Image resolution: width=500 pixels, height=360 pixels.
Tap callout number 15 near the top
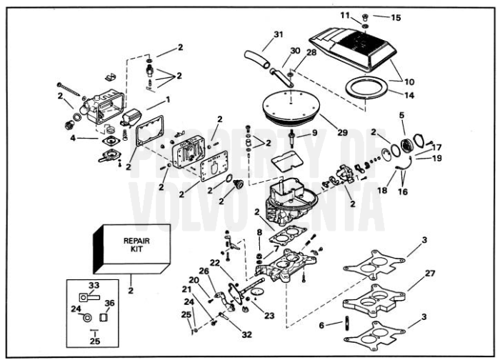(396, 17)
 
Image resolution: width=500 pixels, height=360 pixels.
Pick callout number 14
(409, 95)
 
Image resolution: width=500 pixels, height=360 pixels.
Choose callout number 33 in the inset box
(94, 286)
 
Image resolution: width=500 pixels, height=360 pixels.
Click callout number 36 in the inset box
(109, 302)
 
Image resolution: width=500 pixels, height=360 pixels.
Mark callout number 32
(247, 334)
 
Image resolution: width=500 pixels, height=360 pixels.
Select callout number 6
(322, 324)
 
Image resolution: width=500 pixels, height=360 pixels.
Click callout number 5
(401, 114)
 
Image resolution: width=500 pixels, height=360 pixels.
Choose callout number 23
(269, 315)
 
